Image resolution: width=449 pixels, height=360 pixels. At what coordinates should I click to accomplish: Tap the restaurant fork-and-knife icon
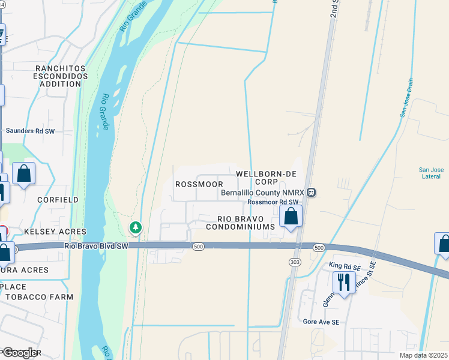[344, 281]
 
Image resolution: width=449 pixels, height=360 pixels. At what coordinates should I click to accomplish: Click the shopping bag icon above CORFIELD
[23, 175]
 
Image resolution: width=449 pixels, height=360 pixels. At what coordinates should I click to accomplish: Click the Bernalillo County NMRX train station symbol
[312, 193]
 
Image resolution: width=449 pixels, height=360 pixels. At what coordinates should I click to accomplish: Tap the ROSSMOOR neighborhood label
[199, 184]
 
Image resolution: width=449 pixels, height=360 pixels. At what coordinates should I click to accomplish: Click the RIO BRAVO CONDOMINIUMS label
[240, 223]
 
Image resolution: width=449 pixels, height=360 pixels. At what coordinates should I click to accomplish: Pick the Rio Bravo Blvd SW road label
[97, 246]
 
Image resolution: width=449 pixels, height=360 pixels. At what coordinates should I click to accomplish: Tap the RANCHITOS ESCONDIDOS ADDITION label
[58, 77]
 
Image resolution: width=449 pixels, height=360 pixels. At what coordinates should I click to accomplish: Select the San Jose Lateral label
[431, 173]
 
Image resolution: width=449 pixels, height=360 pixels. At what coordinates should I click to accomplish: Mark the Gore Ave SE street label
[321, 322]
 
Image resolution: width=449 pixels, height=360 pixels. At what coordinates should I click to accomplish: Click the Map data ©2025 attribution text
[423, 355]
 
